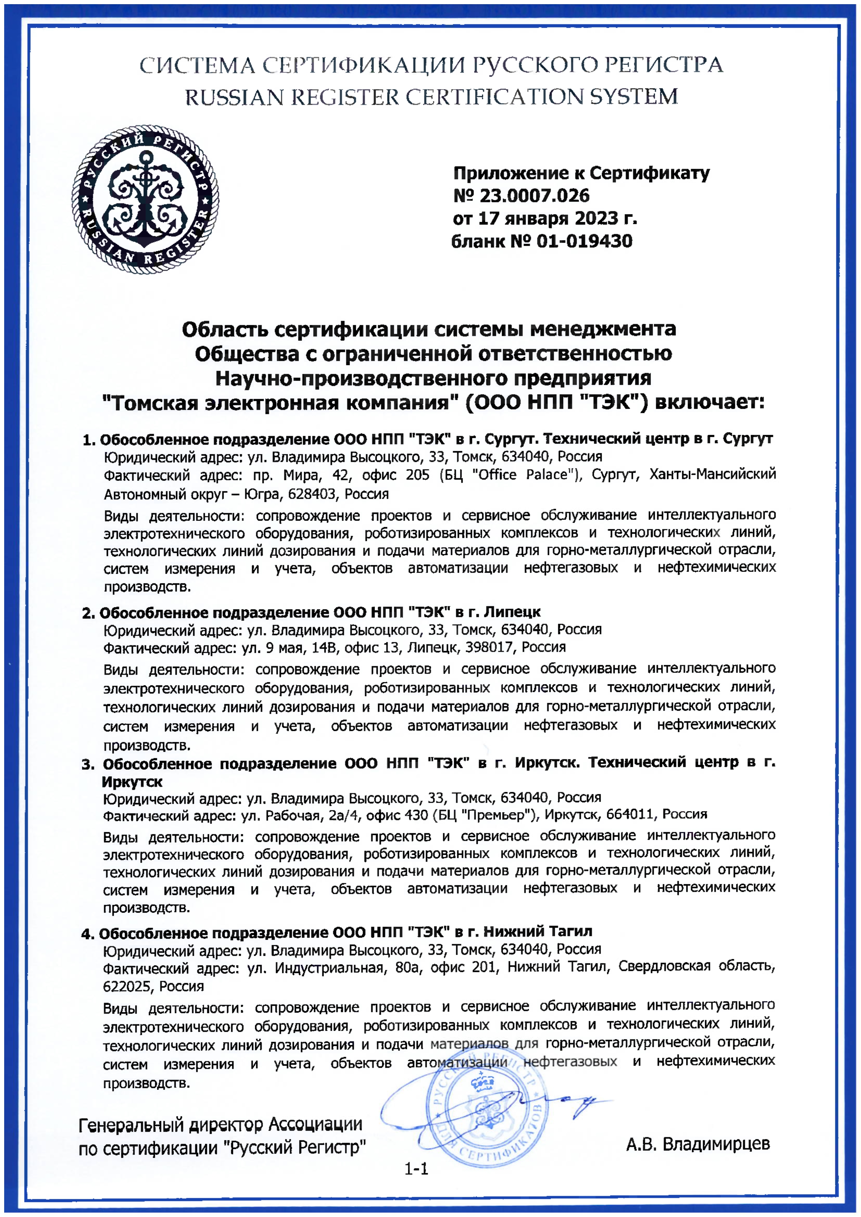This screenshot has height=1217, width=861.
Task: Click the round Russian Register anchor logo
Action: (145, 200)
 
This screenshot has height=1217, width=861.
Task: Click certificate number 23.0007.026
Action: (534, 196)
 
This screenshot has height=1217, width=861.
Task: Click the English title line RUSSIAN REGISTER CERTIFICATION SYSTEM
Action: (431, 97)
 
